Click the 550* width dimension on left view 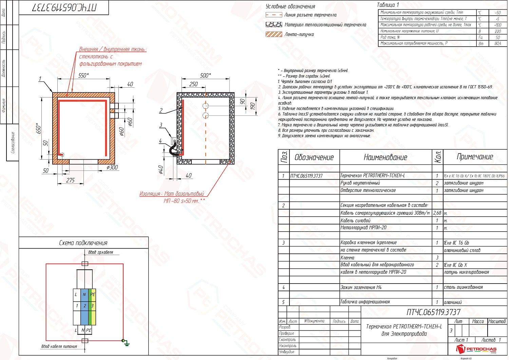(x=83, y=75)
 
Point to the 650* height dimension (x=39, y=129)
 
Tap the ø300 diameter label (x=112, y=167)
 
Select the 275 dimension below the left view (x=70, y=180)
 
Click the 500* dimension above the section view (x=205, y=75)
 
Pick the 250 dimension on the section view (x=193, y=84)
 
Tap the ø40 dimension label (x=161, y=169)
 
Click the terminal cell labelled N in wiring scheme (x=84, y=294)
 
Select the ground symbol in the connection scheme (x=126, y=343)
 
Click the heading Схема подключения (x=83, y=243)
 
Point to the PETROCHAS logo (x=476, y=349)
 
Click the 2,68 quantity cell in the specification (x=437, y=213)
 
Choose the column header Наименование (x=385, y=157)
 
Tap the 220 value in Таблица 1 (x=497, y=31)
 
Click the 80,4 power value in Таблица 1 (x=497, y=43)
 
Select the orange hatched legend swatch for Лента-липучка (x=274, y=34)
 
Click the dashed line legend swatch (x=274, y=15)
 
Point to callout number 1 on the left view (x=40, y=79)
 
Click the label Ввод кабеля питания (x=59, y=346)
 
